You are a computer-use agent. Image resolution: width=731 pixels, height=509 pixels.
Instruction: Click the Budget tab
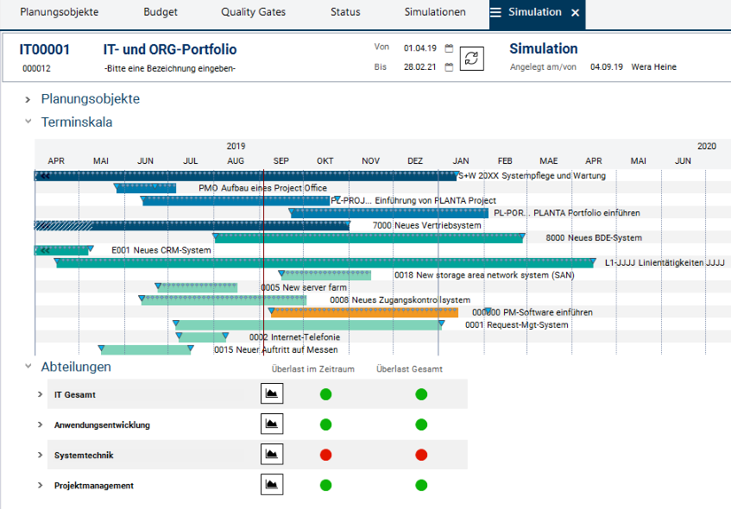point(161,12)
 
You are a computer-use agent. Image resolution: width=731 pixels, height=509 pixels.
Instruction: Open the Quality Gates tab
point(253,12)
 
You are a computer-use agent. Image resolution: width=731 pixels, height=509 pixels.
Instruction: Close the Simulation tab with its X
point(575,12)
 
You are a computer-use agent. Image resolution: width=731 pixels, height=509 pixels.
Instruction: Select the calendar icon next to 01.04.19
point(449,48)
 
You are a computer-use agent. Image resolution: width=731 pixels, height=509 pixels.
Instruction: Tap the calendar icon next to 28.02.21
point(449,67)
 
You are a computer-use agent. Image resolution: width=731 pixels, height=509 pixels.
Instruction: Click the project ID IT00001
point(45,49)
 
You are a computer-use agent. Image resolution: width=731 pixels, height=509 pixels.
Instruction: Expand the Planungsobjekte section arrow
point(28,99)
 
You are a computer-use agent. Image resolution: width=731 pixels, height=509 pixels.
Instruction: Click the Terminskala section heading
point(76,122)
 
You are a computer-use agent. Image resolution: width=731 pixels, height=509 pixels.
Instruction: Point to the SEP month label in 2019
point(280,160)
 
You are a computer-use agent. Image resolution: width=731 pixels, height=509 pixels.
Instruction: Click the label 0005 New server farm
point(304,287)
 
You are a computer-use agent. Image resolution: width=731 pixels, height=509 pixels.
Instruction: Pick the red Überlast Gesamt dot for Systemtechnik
point(421,455)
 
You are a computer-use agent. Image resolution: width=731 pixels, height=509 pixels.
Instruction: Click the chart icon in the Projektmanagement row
point(272,485)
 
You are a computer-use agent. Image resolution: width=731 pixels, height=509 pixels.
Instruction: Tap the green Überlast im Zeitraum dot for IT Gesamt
point(325,394)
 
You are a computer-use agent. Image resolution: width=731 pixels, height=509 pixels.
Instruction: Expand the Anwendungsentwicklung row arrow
point(40,424)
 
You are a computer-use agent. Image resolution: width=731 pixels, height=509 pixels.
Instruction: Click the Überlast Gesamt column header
point(409,368)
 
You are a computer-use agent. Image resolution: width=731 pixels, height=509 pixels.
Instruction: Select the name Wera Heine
point(654,66)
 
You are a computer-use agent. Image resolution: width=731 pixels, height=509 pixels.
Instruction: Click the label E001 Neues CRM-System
point(161,250)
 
